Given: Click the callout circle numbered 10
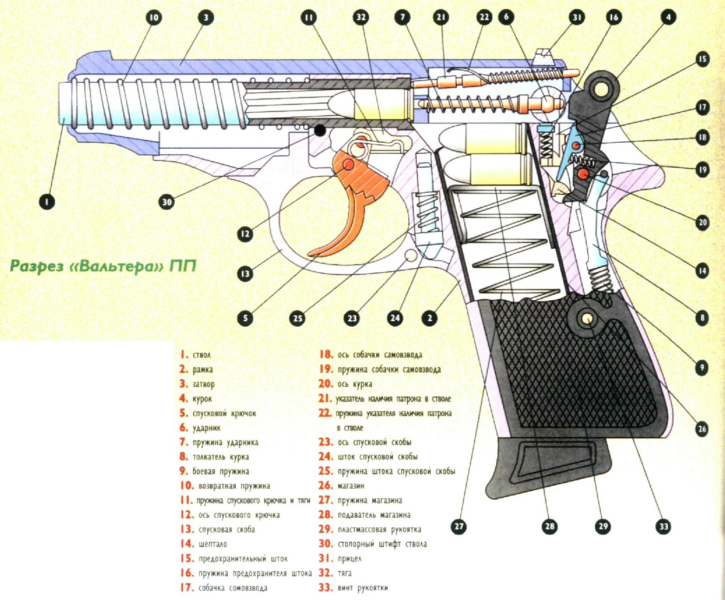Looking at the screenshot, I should (x=153, y=18).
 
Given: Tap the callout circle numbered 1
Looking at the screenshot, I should (x=47, y=202).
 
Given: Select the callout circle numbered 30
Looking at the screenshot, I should (x=166, y=202).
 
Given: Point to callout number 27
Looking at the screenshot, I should (x=459, y=526).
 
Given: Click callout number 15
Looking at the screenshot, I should (x=702, y=59).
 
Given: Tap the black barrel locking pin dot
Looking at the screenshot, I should (x=320, y=130).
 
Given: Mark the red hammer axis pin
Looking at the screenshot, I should (x=583, y=174).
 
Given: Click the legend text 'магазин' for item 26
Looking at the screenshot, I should (x=351, y=486).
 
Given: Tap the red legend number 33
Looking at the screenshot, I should (x=326, y=587).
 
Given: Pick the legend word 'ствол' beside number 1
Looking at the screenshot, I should (x=201, y=355).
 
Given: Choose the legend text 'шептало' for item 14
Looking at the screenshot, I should (x=213, y=544).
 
